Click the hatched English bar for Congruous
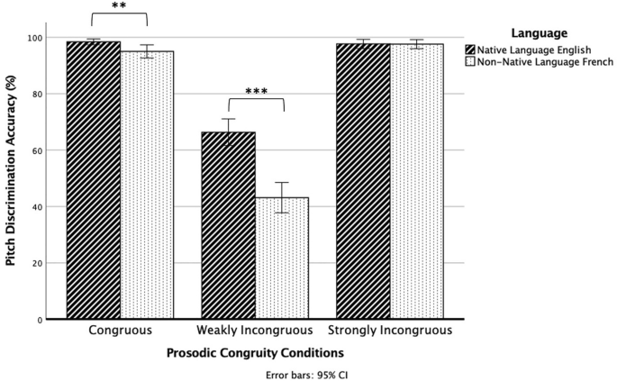click(x=94, y=180)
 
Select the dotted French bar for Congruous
click(x=147, y=185)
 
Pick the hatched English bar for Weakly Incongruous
click(x=228, y=225)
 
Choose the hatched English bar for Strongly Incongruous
click(x=363, y=181)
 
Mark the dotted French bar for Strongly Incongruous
click(x=416, y=181)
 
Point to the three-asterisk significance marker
click(x=256, y=91)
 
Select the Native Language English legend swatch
click(x=471, y=49)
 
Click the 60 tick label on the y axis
click(x=37, y=150)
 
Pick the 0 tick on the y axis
click(x=40, y=320)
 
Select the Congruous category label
click(x=120, y=331)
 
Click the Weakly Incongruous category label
click(x=256, y=331)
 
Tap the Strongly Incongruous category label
click(x=389, y=331)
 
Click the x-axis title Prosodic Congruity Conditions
click(x=255, y=353)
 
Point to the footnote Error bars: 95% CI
click(x=303, y=373)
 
